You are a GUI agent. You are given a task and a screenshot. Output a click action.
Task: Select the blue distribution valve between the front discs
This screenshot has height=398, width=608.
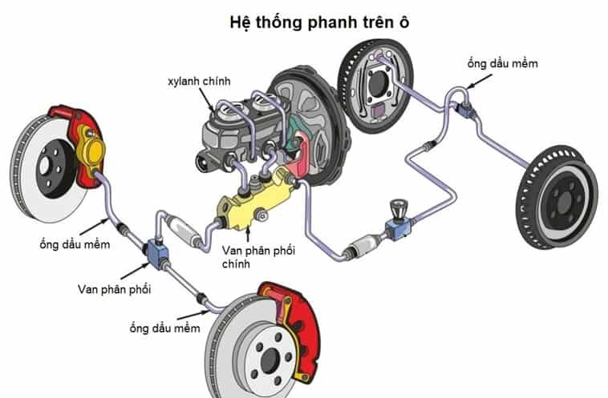[x=154, y=251]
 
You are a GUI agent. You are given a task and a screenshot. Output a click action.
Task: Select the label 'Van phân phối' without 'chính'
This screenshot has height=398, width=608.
[x=114, y=287]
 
